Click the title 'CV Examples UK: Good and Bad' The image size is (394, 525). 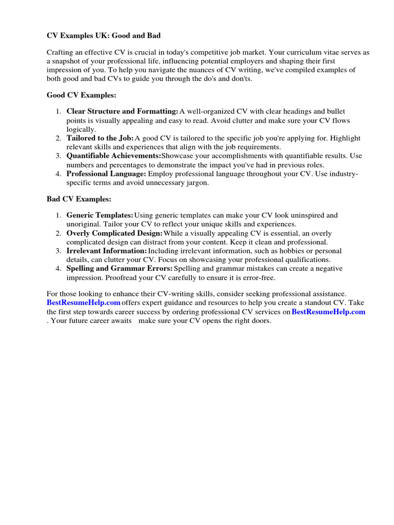tap(104, 35)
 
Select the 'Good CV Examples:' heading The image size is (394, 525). tap(82, 95)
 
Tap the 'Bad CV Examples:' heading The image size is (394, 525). tap(79, 199)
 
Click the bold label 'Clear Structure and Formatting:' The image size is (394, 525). tap(122, 112)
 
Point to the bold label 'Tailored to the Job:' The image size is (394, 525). tap(100, 138)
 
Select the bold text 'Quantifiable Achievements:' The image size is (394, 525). tap(113, 156)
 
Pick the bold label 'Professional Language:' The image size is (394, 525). tap(106, 174)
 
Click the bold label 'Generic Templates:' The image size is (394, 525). tap(100, 216)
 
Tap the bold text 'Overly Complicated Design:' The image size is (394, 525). tap(114, 233)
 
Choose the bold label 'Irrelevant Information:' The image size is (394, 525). tap(107, 251)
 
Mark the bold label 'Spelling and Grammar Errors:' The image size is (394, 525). tap(119, 269)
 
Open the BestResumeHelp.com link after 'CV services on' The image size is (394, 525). tap(328, 312)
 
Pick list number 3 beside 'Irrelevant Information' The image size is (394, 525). tap(58, 251)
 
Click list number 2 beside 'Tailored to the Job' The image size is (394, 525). tap(58, 138)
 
